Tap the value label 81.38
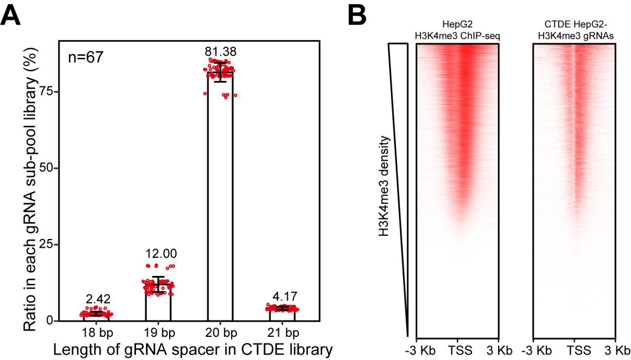point(220,52)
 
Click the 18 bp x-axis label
point(96,333)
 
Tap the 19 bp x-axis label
point(158,333)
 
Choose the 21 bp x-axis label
point(282,333)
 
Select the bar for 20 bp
point(220,200)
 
